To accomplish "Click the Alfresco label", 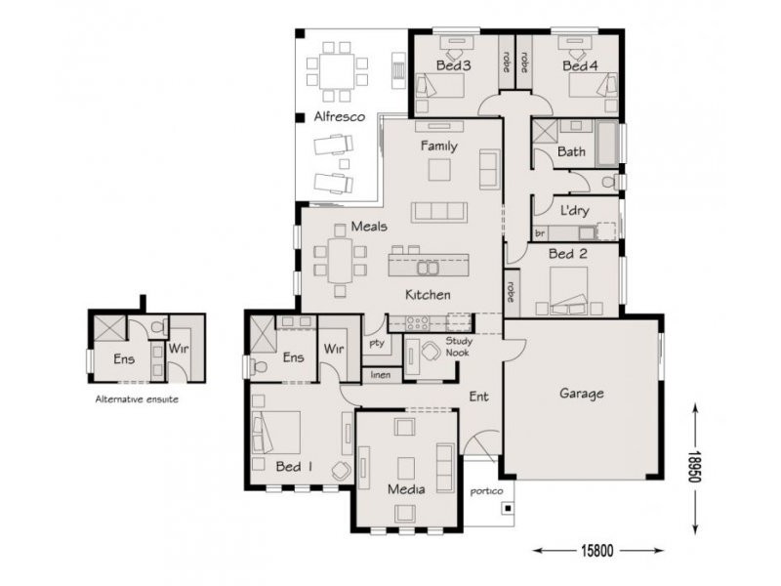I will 339,117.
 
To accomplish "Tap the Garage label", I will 581,394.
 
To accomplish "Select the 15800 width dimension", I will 597,552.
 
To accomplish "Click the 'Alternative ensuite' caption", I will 137,399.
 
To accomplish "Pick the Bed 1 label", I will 293,467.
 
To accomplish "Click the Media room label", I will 406,488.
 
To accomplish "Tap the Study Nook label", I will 459,347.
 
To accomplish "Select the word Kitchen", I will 428,294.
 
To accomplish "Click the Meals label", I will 342,228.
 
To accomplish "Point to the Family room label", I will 438,146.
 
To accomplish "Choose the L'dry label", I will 573,211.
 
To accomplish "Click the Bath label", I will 571,152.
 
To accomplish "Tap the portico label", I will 484,492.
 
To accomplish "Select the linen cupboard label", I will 380,374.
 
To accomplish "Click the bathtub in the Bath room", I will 606,144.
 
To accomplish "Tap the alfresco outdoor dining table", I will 337,71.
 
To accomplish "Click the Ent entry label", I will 478,397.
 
